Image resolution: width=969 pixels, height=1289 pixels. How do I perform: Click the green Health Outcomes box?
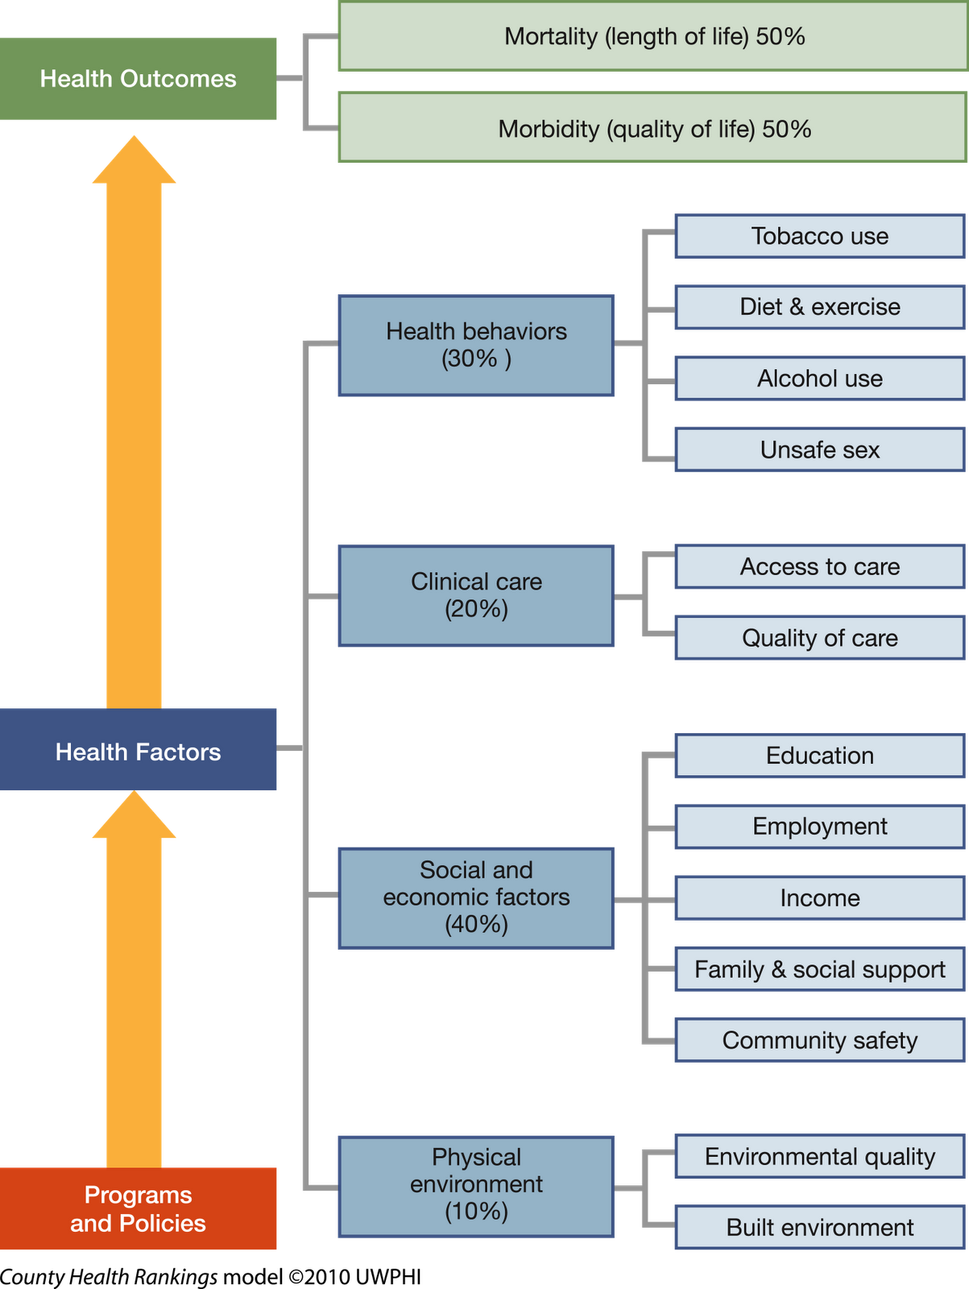(139, 78)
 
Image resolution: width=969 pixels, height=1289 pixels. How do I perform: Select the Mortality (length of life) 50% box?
(652, 37)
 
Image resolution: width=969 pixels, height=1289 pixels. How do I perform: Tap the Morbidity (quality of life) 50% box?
(652, 129)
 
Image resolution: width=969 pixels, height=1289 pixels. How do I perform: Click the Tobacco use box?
(819, 236)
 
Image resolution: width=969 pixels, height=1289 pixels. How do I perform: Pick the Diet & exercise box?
(819, 307)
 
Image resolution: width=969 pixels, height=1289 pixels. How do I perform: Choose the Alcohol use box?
(819, 379)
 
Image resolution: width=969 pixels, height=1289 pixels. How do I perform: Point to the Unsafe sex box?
(819, 450)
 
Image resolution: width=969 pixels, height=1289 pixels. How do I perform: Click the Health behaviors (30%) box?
(476, 345)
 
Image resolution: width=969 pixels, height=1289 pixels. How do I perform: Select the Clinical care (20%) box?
(476, 595)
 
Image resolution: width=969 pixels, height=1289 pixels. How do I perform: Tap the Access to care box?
(819, 566)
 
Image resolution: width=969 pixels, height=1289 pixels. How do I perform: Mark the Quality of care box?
(819, 638)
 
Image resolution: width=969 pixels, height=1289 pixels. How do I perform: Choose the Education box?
(819, 756)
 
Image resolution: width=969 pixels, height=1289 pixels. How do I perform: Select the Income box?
(819, 898)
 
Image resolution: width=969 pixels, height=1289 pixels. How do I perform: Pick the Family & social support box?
(819, 969)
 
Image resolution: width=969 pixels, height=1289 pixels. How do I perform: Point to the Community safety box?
(819, 1040)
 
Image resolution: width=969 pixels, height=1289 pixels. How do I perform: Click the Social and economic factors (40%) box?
(476, 897)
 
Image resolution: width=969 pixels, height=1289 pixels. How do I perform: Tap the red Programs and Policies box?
(139, 1208)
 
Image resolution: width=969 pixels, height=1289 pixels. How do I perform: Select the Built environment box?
(819, 1228)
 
